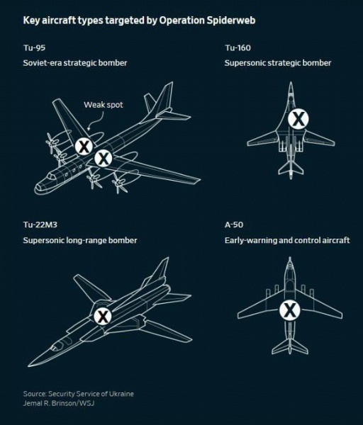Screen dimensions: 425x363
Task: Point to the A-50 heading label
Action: [234, 225]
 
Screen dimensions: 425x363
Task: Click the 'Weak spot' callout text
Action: [103, 104]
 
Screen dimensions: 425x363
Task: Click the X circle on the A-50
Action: [289, 309]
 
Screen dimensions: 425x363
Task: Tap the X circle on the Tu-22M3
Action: [103, 317]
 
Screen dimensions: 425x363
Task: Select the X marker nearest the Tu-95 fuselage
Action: [103, 158]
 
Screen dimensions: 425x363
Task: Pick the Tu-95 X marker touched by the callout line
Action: [84, 147]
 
